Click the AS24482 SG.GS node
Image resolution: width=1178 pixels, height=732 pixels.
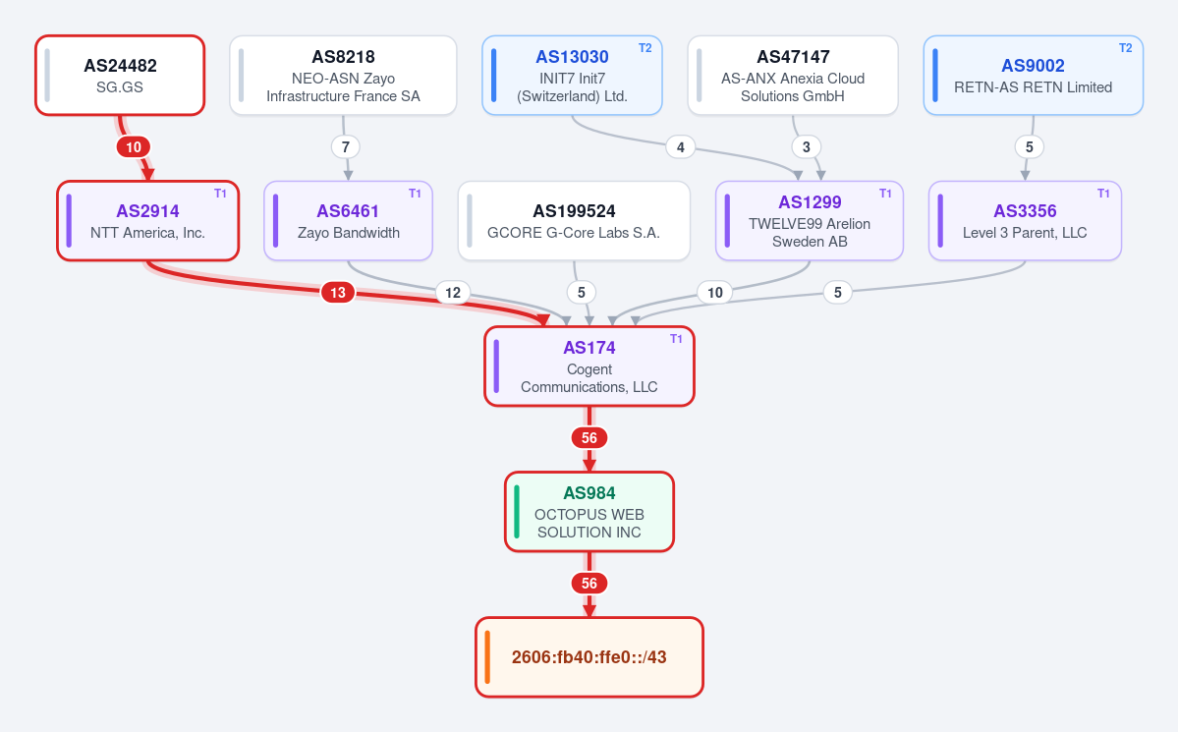click(x=120, y=75)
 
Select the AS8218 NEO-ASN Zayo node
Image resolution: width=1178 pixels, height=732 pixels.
click(x=343, y=75)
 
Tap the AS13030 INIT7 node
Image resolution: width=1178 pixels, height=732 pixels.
click(x=572, y=75)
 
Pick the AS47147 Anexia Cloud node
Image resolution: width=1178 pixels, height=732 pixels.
click(x=793, y=75)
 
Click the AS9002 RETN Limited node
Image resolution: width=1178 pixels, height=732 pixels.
click(x=1033, y=75)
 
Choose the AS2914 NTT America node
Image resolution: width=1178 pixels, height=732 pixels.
click(x=148, y=221)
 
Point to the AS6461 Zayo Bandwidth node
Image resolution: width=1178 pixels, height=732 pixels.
click(x=348, y=221)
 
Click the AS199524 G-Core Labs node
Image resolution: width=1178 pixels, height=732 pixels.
click(x=574, y=221)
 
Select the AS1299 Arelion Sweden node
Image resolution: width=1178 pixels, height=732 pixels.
click(x=810, y=221)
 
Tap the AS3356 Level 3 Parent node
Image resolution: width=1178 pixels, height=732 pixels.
click(x=1025, y=221)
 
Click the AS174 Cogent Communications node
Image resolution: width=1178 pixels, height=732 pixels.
click(x=589, y=366)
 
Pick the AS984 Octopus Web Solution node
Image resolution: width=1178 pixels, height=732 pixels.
click(x=589, y=512)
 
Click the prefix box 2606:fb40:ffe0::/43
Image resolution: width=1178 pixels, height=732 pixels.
click(x=589, y=657)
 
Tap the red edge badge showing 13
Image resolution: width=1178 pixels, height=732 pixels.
click(x=338, y=293)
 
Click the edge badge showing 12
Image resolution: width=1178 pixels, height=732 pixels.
click(x=453, y=293)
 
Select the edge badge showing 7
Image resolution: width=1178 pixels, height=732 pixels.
click(x=346, y=146)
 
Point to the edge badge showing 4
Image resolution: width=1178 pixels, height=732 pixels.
click(x=681, y=146)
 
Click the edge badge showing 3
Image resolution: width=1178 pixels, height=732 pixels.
click(x=806, y=146)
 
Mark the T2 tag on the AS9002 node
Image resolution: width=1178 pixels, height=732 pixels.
click(x=1125, y=48)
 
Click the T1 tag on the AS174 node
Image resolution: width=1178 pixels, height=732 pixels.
click(x=676, y=339)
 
